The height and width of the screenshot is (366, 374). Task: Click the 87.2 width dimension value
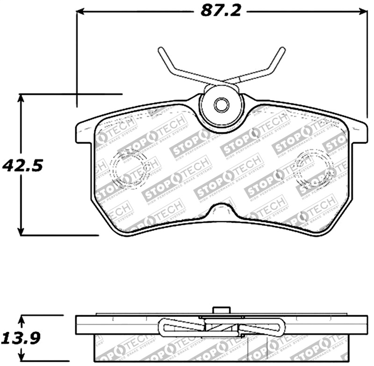pos(221,11)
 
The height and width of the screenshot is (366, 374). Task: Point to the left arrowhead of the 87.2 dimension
pos(80,11)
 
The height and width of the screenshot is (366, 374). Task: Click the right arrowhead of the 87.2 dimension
pos(364,11)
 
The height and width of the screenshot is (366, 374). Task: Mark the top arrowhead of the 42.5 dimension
pos(21,98)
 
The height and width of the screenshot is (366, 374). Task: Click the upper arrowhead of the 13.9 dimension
pos(21,320)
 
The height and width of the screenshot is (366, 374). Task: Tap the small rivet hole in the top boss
pos(221,105)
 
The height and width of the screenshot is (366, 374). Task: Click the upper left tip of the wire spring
pos(160,49)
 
